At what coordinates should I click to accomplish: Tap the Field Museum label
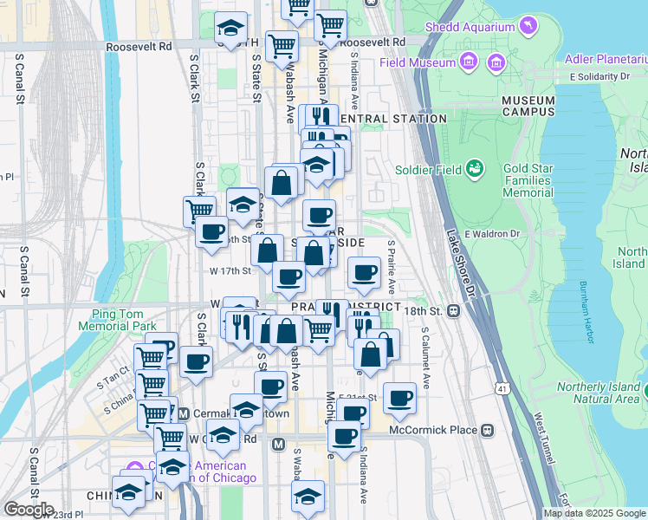pyautogui.click(x=418, y=62)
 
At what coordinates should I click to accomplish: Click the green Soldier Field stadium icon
pyautogui.click(x=474, y=167)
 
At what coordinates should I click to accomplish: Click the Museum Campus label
pyautogui.click(x=528, y=107)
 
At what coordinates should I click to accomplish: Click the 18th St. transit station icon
pyautogui.click(x=452, y=310)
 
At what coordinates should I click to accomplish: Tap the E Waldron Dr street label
pyautogui.click(x=491, y=234)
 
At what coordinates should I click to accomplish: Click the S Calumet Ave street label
pyautogui.click(x=425, y=356)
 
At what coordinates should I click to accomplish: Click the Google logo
pyautogui.click(x=28, y=510)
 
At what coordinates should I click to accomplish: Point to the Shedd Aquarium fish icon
pyautogui.click(x=527, y=28)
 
